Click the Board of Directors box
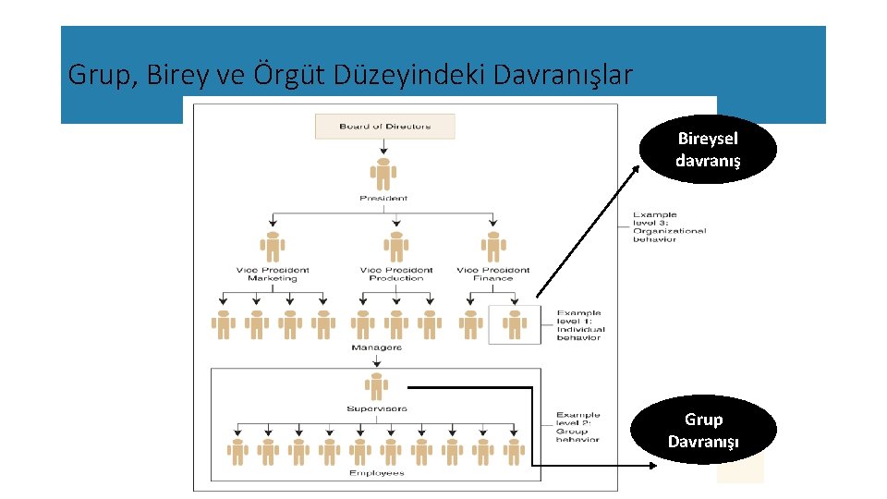coord(384,127)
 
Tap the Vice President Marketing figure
coord(273,247)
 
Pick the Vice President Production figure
coord(395,247)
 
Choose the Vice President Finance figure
coord(493,247)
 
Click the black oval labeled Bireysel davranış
coord(708,150)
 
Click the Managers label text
coord(376,347)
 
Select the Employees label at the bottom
coord(376,473)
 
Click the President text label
coord(383,198)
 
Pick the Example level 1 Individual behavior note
coord(580,325)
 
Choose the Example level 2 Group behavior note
coord(578,427)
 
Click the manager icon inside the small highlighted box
coord(514,323)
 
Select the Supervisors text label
coord(376,408)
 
